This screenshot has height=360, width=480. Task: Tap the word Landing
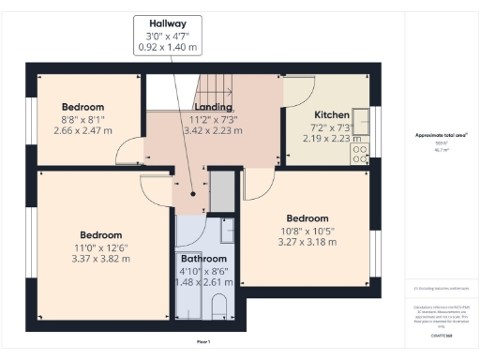pos(213,108)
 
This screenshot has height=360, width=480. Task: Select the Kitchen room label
pos(332,114)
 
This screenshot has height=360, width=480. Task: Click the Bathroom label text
pos(203,259)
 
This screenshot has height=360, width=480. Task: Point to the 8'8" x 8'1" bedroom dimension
pos(82,119)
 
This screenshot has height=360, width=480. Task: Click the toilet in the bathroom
pos(219,307)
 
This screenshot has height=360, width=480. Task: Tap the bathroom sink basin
pos(226,231)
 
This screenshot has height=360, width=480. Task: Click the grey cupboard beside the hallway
pos(221,190)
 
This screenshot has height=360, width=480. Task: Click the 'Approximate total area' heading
pos(442,135)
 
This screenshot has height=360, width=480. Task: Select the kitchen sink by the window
pos(362,122)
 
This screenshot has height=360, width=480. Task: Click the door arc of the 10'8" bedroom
pos(253,187)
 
